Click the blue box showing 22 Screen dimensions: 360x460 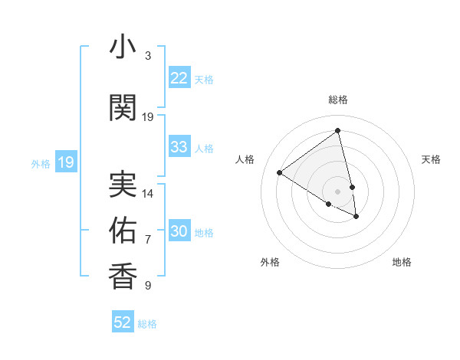[x=179, y=78]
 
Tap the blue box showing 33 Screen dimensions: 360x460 [x=179, y=147]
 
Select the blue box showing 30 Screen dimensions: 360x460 [x=179, y=232]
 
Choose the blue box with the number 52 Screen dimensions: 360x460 [x=123, y=322]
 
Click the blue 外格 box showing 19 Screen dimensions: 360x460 [x=66, y=162]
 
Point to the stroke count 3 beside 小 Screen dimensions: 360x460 [x=148, y=56]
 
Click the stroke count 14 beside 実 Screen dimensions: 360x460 [x=148, y=194]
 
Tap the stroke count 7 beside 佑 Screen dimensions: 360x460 [x=148, y=240]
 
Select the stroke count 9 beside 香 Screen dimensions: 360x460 [x=148, y=286]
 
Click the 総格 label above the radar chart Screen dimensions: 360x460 [x=337, y=100]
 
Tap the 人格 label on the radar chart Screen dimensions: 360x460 [x=245, y=159]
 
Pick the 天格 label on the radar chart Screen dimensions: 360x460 [x=431, y=159]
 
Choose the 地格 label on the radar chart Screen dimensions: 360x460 [x=402, y=262]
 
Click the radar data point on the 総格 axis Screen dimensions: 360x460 [x=337, y=130]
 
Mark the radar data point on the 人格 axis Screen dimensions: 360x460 [x=280, y=172]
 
